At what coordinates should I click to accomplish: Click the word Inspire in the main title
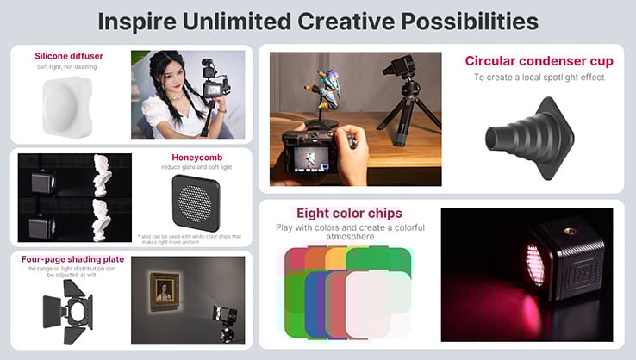click(143, 21)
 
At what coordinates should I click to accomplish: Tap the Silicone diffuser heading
click(69, 56)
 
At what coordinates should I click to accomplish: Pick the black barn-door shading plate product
click(68, 308)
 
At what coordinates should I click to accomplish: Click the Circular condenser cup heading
click(539, 61)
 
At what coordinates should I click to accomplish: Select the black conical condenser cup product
click(527, 136)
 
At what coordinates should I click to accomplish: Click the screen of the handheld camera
click(306, 158)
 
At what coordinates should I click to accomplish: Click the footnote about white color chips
click(190, 238)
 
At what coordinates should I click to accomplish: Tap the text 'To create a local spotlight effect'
click(539, 78)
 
